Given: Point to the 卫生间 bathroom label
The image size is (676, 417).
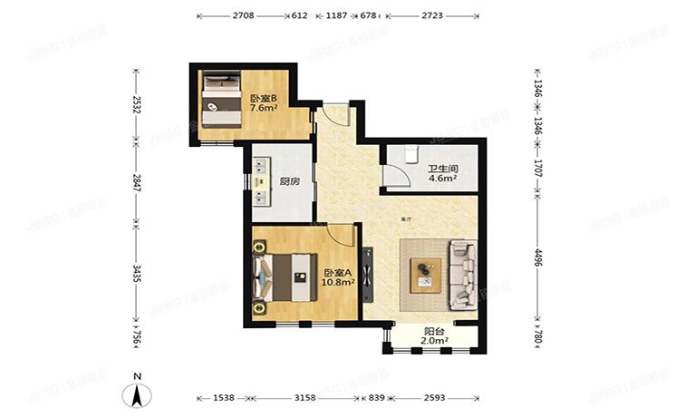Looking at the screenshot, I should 441,168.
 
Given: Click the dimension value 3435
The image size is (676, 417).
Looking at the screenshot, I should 137,274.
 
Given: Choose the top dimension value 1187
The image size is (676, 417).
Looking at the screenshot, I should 337,16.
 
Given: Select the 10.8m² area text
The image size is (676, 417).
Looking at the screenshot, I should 337,283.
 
